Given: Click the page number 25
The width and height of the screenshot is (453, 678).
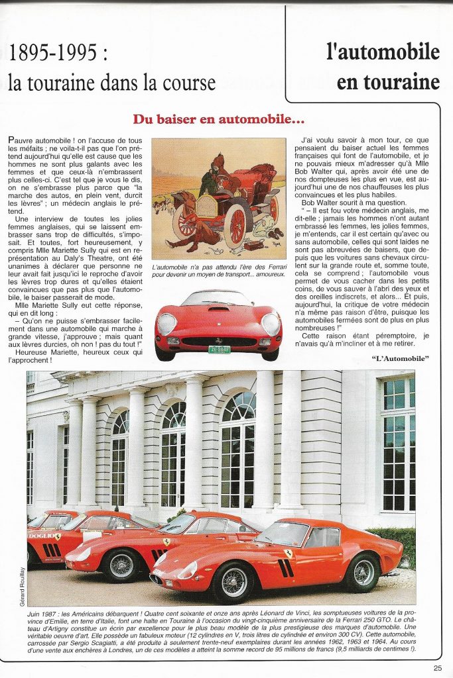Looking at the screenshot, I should tap(438, 667).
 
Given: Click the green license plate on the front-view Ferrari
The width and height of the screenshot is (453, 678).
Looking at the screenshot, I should tap(219, 349).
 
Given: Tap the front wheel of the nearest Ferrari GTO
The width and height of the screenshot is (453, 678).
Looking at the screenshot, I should tap(231, 582).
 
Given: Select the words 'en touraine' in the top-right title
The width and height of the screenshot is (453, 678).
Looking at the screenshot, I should tap(387, 82).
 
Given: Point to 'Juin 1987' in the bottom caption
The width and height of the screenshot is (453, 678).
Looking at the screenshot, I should tap(45, 616).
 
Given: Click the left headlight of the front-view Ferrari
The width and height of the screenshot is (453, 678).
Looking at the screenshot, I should tap(166, 323).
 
